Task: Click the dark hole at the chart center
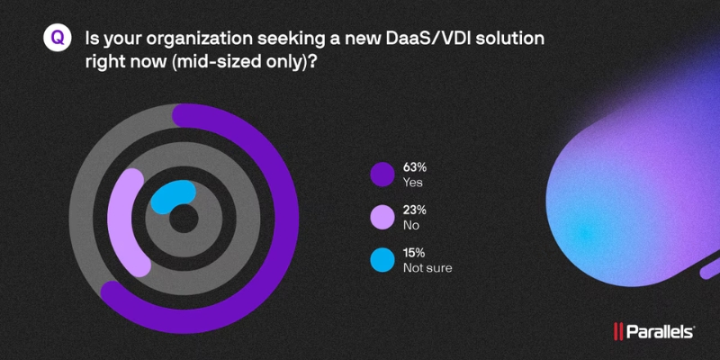(x=184, y=219)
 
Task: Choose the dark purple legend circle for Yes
(x=382, y=174)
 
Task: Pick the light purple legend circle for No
(x=382, y=217)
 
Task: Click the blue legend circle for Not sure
(x=382, y=260)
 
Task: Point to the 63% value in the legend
(x=416, y=166)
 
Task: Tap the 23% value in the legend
(x=416, y=210)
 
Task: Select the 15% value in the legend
(x=415, y=253)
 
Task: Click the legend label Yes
(x=413, y=182)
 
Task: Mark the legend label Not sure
(x=427, y=268)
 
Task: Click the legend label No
(x=411, y=225)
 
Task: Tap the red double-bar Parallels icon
(x=619, y=332)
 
